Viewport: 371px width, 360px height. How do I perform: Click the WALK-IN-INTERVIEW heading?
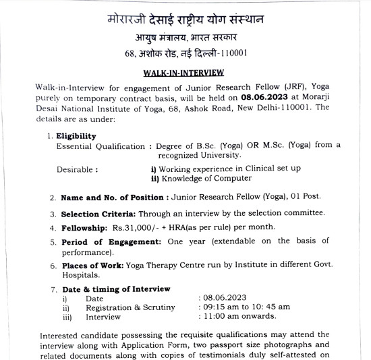[185, 71]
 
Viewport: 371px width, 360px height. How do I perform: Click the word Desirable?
[76, 169]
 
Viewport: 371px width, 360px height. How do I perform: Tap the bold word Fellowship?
[84, 228]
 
